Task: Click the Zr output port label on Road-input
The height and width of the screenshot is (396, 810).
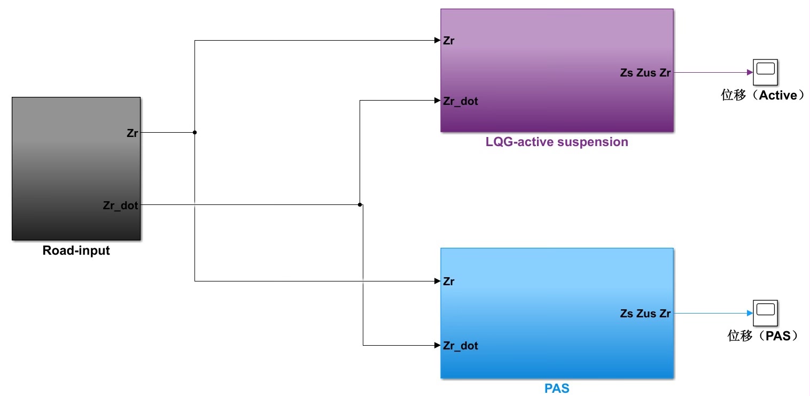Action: click(132, 133)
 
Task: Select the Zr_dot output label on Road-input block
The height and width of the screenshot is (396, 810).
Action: click(120, 205)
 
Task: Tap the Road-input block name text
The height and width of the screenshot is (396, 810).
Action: click(76, 250)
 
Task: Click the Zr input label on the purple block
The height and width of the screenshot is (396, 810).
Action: click(449, 41)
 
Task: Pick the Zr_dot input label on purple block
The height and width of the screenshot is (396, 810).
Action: click(460, 101)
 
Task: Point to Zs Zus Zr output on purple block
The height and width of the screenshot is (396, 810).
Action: click(645, 73)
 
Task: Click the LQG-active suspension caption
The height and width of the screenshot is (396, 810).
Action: click(557, 142)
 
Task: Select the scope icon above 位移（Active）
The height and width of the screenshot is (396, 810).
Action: click(765, 73)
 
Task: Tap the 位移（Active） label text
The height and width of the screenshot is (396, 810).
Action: click(762, 96)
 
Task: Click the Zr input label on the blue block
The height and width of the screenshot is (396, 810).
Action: click(449, 281)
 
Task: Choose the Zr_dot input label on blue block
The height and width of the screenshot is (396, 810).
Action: click(460, 346)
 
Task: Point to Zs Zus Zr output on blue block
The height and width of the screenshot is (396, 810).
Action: click(645, 314)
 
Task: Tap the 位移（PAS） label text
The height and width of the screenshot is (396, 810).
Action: click(762, 336)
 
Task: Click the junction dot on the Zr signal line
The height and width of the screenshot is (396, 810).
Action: click(194, 132)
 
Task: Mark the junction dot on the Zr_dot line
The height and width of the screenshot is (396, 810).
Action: click(360, 204)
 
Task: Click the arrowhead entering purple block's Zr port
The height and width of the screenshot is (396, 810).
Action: click(437, 41)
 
